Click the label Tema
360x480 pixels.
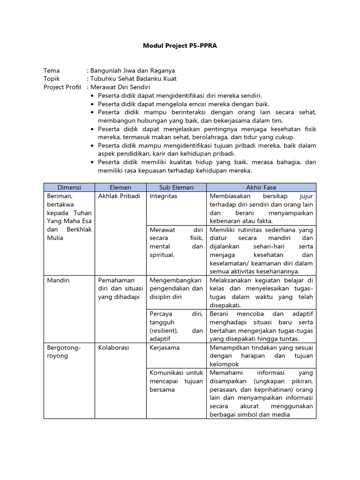[x=52, y=70]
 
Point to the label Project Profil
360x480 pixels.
[x=62, y=87]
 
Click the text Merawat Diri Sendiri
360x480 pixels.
[x=120, y=87]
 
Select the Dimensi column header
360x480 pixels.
[x=69, y=187]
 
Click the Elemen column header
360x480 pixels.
[x=120, y=187]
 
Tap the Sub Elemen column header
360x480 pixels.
[x=176, y=187]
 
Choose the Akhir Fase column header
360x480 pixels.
[x=261, y=187]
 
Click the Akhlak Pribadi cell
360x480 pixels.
[x=119, y=196]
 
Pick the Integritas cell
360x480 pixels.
[x=163, y=196]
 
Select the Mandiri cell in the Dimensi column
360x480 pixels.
[x=58, y=280]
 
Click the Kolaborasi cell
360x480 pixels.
[x=113, y=348]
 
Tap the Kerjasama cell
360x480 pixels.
[x=165, y=348]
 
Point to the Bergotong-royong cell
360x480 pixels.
[x=64, y=352]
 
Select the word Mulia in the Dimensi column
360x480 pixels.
[x=55, y=238]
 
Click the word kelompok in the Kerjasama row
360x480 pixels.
[x=225, y=364]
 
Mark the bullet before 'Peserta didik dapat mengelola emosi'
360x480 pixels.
[x=92, y=104]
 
